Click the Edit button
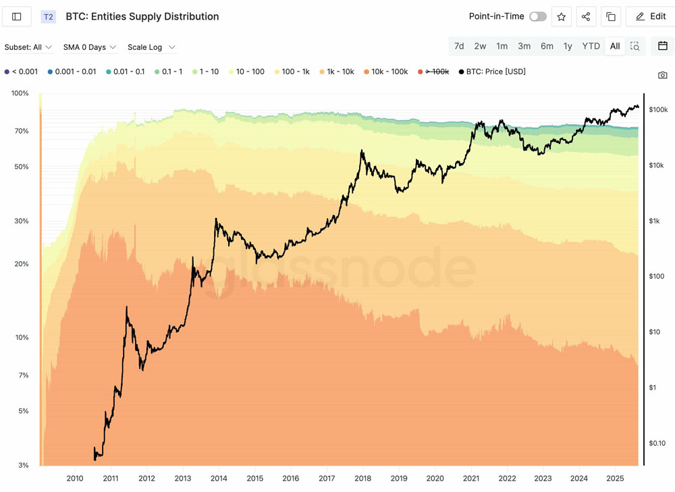651,17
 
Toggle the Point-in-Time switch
537,17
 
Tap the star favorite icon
562,17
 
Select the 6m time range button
547,46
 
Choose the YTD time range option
591,46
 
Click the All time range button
615,46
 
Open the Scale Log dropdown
151,47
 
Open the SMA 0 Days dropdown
90,47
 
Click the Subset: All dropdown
28,47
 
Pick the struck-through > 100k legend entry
433,72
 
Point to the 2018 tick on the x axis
362,479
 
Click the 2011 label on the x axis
111,479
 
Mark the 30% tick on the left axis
20,221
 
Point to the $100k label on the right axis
658,109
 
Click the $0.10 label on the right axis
657,443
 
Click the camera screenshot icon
663,75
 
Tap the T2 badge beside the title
49,17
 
